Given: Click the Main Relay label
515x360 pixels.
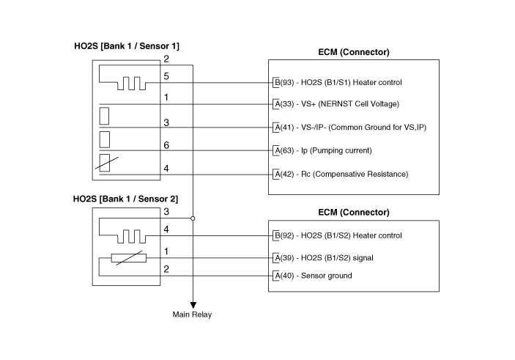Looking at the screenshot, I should click(x=191, y=315).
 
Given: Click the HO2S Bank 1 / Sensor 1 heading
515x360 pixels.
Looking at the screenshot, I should click(x=125, y=46).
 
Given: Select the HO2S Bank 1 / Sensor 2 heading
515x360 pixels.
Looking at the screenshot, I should click(x=125, y=199).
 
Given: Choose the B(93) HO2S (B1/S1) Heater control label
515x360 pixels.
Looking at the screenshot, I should click(x=338, y=81).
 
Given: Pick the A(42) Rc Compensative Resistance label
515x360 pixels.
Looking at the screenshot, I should click(x=340, y=174).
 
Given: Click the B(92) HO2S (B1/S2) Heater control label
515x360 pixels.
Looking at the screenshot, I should click(x=338, y=235).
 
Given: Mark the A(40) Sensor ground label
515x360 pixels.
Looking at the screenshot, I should click(x=312, y=276).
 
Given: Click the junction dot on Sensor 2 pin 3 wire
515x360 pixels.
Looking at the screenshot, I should click(x=193, y=218).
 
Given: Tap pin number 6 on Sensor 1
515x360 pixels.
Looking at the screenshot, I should click(x=166, y=146).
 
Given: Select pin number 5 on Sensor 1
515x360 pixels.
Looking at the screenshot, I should click(x=166, y=76).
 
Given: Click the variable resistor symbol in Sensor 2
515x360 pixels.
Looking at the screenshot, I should click(x=128, y=258).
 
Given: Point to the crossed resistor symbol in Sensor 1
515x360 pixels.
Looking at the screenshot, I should click(x=104, y=163).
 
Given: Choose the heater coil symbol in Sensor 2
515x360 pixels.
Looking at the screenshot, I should click(x=130, y=235).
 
